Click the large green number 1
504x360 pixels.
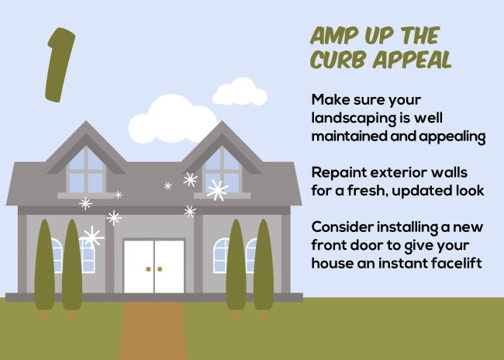(59, 66)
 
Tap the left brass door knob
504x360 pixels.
(147, 269)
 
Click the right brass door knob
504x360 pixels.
(160, 269)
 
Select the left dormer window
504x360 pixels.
(86, 170)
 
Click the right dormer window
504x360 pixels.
(222, 170)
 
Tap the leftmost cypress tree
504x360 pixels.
(44, 265)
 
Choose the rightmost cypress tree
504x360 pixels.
(264, 265)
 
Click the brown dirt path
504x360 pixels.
(153, 330)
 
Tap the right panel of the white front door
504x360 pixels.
(168, 267)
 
